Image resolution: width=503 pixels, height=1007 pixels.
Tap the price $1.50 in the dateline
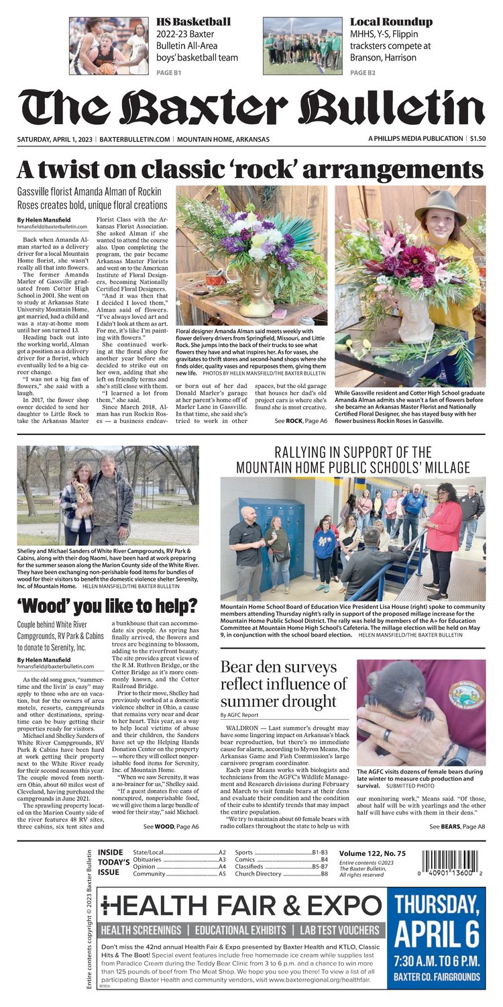(x=477, y=139)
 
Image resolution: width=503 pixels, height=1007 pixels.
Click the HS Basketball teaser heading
(x=193, y=22)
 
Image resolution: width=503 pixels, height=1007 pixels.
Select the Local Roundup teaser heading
(x=391, y=22)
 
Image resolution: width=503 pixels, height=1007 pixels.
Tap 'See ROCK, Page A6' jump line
(x=300, y=420)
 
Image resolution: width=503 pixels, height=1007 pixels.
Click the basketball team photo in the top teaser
(x=108, y=46)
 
